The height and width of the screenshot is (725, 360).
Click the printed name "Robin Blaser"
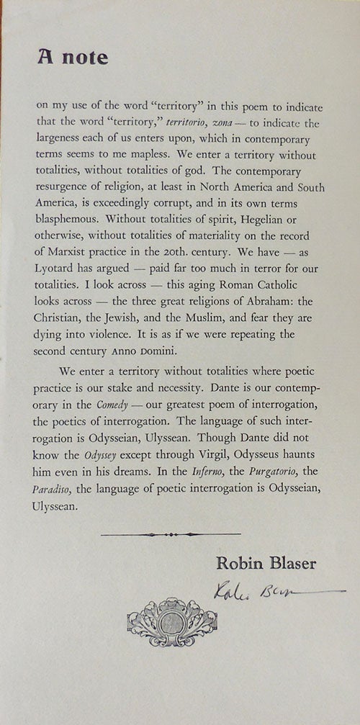pos(266,564)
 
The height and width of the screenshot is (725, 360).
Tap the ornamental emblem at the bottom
pos(172,621)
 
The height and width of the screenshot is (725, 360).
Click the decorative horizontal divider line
pos(171,535)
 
